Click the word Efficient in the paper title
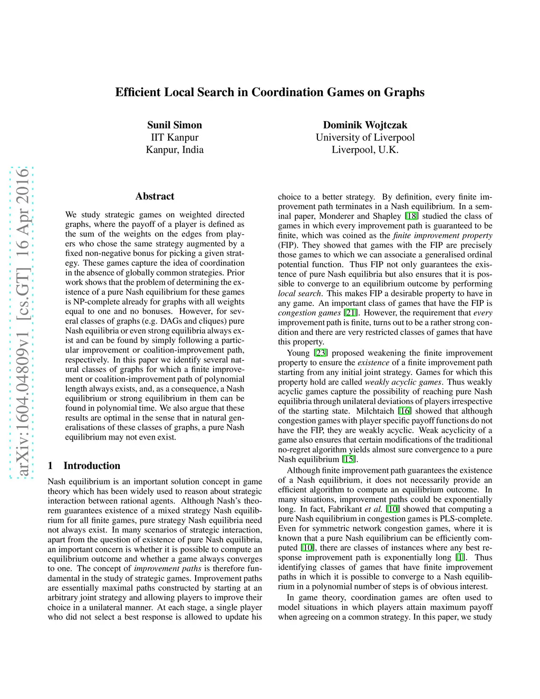tap(138, 92)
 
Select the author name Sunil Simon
tap(175, 125)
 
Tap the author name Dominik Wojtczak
tap(365, 125)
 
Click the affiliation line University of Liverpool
tap(365, 138)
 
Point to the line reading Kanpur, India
tap(175, 150)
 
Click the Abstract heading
tap(155, 196)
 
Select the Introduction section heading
tap(92, 465)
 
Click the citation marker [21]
tap(351, 313)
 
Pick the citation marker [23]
tap(321, 353)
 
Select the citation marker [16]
tap(404, 411)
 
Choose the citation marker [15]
tap(349, 459)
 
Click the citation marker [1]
tap(460, 558)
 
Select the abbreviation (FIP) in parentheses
tap(287, 245)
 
